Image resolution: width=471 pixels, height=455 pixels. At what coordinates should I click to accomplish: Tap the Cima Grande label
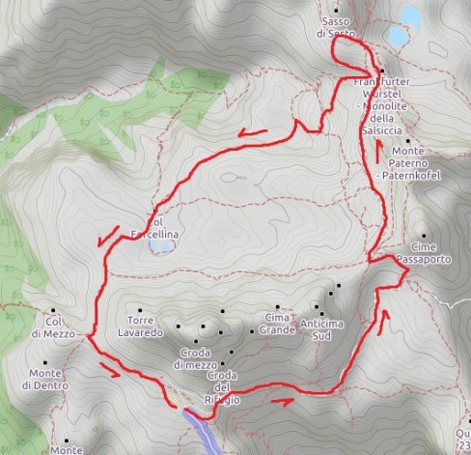(277, 324)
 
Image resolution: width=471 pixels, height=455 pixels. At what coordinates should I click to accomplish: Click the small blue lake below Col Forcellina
(160, 247)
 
